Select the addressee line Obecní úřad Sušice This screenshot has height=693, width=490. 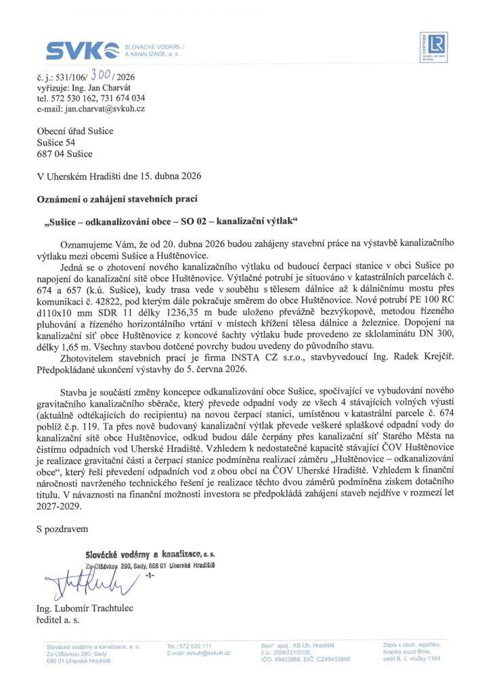pyautogui.click(x=74, y=131)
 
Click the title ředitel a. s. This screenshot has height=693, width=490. pyautogui.click(x=58, y=619)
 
